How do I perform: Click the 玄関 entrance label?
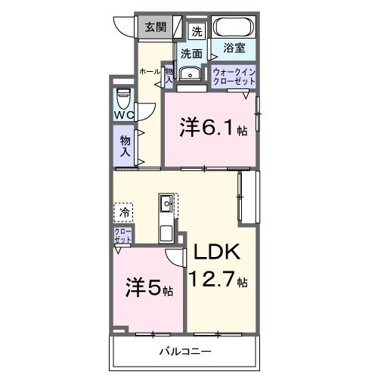coord(156,27)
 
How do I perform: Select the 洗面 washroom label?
coord(191,53)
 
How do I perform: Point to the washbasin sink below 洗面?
coord(192,74)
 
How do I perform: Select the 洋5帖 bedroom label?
coord(149,289)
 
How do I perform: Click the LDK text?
coord(218,253)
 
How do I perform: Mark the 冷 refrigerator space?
coord(123,212)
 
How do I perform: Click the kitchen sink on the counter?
coord(166,203)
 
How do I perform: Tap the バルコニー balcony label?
coord(184,352)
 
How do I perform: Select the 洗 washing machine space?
coord(197,32)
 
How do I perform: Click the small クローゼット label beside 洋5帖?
coord(122,234)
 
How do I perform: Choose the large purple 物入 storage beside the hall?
coord(123,144)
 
